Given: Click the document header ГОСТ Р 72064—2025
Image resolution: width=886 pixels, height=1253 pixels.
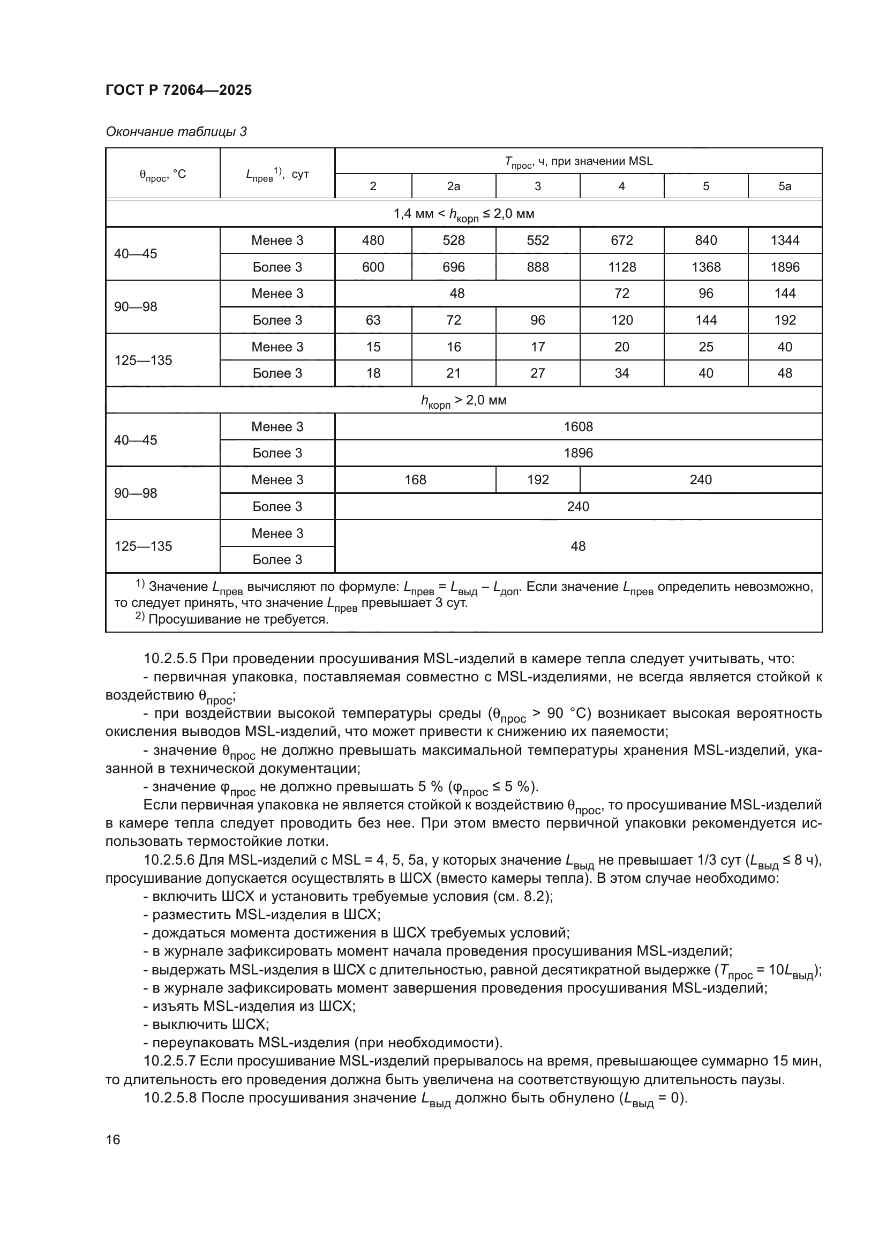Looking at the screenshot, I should click(x=178, y=90).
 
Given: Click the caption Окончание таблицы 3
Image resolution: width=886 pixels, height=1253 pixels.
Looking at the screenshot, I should click(x=176, y=132).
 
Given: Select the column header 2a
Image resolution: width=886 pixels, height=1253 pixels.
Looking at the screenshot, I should click(x=453, y=186).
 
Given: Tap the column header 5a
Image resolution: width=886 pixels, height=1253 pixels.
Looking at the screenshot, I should click(x=785, y=186).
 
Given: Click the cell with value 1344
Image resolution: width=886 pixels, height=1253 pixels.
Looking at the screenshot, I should click(x=785, y=240).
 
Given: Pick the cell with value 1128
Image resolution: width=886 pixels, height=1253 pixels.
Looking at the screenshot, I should click(x=621, y=267).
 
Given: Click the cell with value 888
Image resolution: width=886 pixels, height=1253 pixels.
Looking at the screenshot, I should click(x=537, y=267).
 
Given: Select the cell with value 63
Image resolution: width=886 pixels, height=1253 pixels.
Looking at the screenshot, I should click(x=373, y=320).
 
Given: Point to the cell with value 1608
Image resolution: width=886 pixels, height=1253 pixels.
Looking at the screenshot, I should click(x=578, y=427).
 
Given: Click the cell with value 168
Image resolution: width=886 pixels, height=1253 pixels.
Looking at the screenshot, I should click(x=415, y=479).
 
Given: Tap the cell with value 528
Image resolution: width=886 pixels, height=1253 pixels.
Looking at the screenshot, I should click(x=453, y=240).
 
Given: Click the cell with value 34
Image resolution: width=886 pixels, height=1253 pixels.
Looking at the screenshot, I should click(x=621, y=373).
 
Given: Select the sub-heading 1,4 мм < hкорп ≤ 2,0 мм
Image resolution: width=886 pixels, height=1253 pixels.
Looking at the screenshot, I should click(x=464, y=214).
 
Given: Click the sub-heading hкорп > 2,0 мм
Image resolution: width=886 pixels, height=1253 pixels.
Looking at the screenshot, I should click(x=464, y=401).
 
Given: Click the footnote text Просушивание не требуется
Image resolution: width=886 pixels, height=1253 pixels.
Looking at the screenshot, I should click(x=238, y=619).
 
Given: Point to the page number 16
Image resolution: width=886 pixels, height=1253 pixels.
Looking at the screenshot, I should click(x=113, y=1139).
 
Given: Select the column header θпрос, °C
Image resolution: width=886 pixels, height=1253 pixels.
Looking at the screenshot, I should click(x=163, y=174).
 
